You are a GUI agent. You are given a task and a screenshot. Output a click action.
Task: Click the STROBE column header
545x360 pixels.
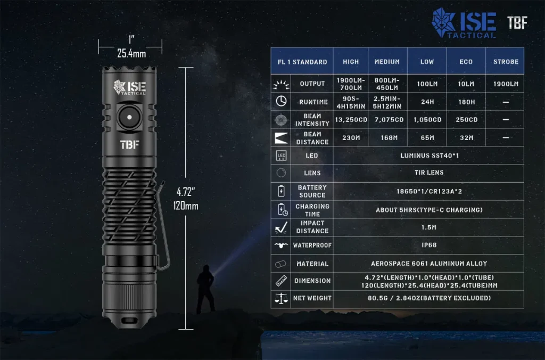pyautogui.click(x=506, y=62)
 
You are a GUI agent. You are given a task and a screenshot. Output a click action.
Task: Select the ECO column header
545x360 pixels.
pyautogui.click(x=466, y=62)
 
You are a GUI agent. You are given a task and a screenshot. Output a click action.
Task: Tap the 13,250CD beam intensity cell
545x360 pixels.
pyautogui.click(x=351, y=120)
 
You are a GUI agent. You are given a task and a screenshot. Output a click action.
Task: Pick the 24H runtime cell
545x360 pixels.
pyautogui.click(x=427, y=102)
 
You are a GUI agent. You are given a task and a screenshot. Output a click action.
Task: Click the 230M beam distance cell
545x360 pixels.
pyautogui.click(x=351, y=138)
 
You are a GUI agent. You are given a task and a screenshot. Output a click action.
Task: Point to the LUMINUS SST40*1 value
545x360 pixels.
pyautogui.click(x=430, y=156)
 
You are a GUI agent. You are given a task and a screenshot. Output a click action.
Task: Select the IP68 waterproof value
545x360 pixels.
pyautogui.click(x=429, y=245)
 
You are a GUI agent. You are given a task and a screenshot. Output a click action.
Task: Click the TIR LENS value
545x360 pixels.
pyautogui.click(x=429, y=173)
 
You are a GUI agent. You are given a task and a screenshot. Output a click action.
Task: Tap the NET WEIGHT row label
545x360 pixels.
pyautogui.click(x=312, y=298)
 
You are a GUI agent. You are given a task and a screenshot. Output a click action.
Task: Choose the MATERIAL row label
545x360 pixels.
pyautogui.click(x=312, y=264)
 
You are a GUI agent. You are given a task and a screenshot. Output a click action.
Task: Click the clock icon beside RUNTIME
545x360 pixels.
pyautogui.click(x=281, y=101)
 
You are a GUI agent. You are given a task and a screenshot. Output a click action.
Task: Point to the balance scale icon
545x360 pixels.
pyautogui.click(x=281, y=298)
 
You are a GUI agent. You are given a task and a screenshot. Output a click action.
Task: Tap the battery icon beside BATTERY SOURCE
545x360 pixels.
pyautogui.click(x=281, y=191)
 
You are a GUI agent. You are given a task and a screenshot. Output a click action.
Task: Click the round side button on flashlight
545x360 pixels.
pyautogui.click(x=129, y=117)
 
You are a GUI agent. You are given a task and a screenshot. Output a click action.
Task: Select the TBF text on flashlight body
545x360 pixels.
pyautogui.click(x=130, y=144)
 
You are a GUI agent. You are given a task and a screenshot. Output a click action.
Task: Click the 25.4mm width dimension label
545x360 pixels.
pyautogui.click(x=131, y=54)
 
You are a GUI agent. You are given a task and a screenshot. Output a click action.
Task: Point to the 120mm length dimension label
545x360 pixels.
pyautogui.click(x=186, y=206)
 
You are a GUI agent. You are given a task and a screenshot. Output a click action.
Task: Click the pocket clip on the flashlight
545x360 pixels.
pyautogui.click(x=163, y=226)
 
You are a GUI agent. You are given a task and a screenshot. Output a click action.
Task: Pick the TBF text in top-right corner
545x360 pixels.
pyautogui.click(x=517, y=23)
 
